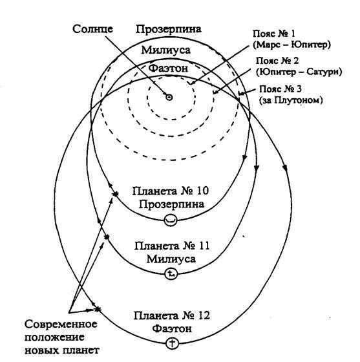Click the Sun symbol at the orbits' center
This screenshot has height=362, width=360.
coord(169,98)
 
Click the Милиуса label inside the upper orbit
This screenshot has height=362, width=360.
coord(169,50)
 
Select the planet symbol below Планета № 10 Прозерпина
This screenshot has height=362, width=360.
coord(170,220)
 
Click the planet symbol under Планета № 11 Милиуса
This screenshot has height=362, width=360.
coord(170,274)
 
